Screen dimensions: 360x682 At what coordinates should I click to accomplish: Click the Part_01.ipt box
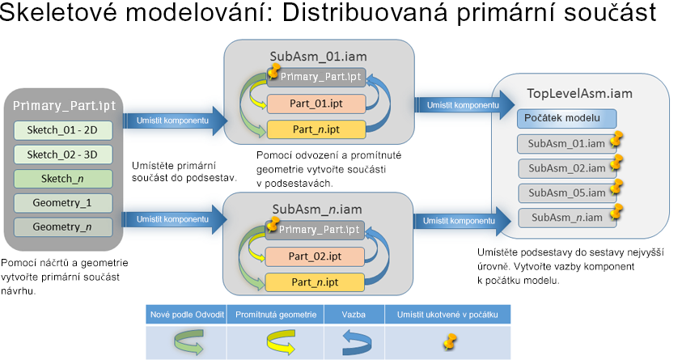pos(316,104)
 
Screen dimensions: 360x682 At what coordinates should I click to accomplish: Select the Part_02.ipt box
pos(316,256)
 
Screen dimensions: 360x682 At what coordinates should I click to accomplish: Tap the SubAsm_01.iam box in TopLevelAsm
pos(561,145)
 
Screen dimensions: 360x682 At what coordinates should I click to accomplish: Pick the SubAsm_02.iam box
pos(561,168)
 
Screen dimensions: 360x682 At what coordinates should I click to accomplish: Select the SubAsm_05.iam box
pos(561,193)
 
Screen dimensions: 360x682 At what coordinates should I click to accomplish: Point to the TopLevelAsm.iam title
pos(579,93)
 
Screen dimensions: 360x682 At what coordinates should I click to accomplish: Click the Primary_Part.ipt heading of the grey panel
pos(64,106)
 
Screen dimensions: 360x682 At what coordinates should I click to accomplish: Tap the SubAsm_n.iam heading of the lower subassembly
pos(317,209)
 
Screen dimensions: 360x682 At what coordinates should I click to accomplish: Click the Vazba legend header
pos(354,314)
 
